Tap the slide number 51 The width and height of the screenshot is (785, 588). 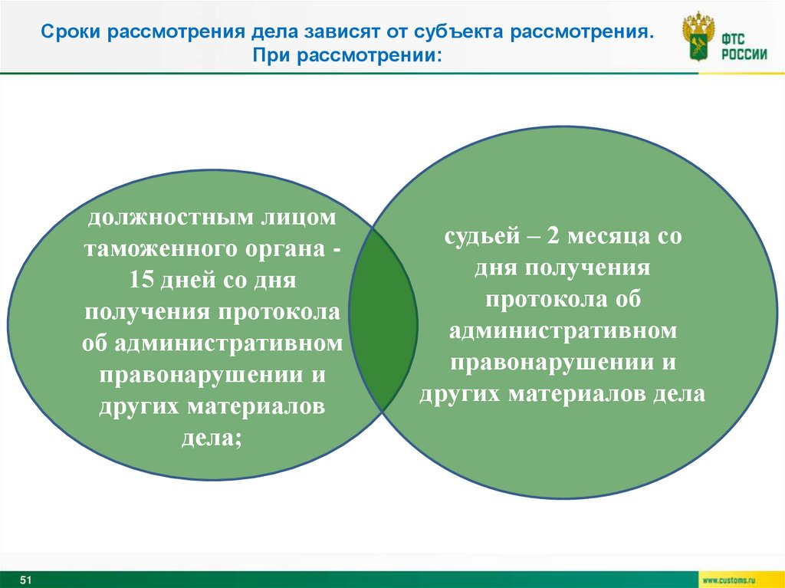pyautogui.click(x=25, y=579)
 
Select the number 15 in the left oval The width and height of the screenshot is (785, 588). pyautogui.click(x=142, y=281)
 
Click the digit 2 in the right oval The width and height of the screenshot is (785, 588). pyautogui.click(x=553, y=237)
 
